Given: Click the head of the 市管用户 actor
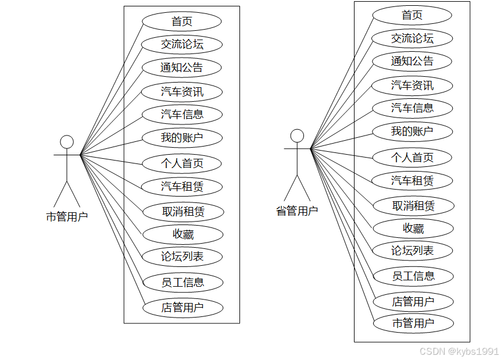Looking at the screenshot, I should click(x=67, y=142).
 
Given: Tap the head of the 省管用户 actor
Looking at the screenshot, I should click(x=297, y=136).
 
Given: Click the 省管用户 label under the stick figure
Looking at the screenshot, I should click(x=297, y=211).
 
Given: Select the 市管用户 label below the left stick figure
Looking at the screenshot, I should click(x=67, y=217).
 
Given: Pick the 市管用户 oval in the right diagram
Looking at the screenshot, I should click(x=413, y=323).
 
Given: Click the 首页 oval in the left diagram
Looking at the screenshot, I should click(x=182, y=22).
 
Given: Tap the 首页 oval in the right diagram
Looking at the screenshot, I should click(x=412, y=16).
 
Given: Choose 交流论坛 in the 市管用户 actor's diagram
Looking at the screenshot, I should click(x=182, y=44).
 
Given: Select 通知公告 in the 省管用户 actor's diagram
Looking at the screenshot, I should click(x=412, y=61).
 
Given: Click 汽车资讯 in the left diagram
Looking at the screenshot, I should click(x=182, y=91).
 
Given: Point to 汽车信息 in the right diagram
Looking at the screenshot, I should click(x=412, y=108).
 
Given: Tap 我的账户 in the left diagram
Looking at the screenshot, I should click(x=182, y=138).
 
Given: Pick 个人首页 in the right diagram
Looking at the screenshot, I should click(x=412, y=157).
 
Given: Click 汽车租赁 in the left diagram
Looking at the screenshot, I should click(x=182, y=187).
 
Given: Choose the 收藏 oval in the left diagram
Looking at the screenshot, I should click(x=182, y=234).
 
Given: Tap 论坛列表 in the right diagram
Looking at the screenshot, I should click(x=412, y=251).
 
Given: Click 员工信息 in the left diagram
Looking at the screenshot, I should click(x=182, y=283).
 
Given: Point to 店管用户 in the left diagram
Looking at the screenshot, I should click(x=182, y=308).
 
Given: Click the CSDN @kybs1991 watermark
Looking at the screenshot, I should click(x=459, y=351).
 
